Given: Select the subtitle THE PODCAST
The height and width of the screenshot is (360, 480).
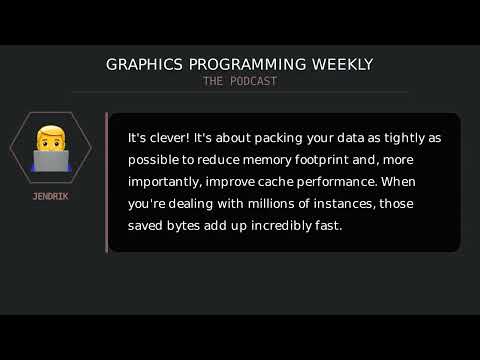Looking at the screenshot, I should [240, 81].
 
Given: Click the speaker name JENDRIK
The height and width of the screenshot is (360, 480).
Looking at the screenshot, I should [50, 196].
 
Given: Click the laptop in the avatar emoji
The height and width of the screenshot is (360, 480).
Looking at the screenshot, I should [50, 161].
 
